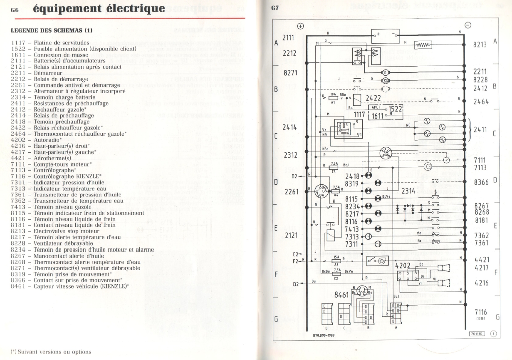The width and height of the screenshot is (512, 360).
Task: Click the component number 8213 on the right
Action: pyautogui.click(x=481, y=45)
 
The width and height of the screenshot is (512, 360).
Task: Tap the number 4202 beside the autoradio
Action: pyautogui.click(x=402, y=266)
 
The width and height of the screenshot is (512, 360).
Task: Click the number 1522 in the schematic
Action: pyautogui.click(x=396, y=108)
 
